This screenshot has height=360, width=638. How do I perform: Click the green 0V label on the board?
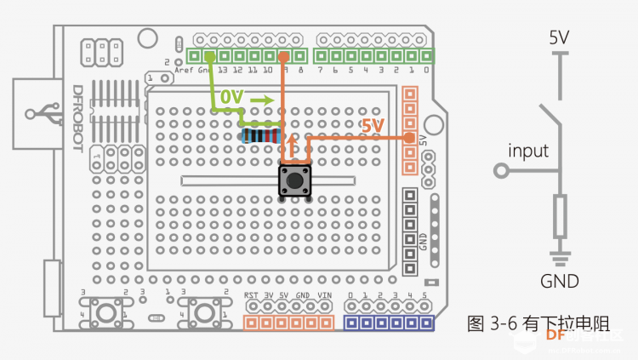point(231,99)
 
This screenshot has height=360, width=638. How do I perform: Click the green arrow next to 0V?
point(263,100)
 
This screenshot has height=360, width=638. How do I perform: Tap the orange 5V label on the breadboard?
point(373,126)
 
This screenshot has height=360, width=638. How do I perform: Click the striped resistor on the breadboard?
point(260,135)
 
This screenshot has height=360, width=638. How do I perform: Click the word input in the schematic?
point(528,151)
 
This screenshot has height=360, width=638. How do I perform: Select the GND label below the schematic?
point(559,282)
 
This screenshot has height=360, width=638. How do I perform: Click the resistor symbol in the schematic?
point(559,216)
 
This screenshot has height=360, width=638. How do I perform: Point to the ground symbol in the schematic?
point(559,257)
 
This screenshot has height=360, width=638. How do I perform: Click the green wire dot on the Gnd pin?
point(208,56)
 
